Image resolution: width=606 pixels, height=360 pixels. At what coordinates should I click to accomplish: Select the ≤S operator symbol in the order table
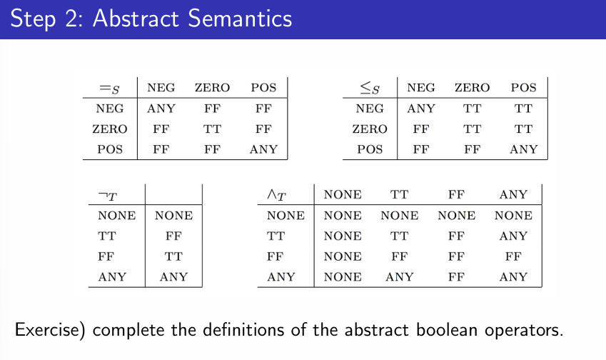click(x=369, y=89)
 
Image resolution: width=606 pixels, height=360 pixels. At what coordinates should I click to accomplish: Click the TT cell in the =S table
click(x=212, y=129)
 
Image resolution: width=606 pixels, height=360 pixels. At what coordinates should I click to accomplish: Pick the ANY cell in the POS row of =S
click(x=263, y=150)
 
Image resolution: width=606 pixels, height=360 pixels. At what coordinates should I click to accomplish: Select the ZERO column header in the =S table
click(x=212, y=88)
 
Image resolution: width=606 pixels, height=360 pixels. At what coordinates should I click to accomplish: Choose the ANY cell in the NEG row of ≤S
click(x=420, y=109)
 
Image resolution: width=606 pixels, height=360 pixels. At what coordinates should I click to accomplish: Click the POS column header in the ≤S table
click(x=523, y=88)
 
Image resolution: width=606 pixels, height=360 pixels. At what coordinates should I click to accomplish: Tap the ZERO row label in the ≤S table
click(x=369, y=129)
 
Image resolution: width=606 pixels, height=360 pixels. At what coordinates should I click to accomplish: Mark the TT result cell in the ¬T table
click(x=173, y=256)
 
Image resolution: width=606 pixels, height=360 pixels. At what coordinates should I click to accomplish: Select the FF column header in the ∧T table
click(x=456, y=194)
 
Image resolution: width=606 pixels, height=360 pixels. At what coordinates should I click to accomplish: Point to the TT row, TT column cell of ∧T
click(x=399, y=236)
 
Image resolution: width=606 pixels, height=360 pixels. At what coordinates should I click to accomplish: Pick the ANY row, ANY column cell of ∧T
click(x=513, y=276)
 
